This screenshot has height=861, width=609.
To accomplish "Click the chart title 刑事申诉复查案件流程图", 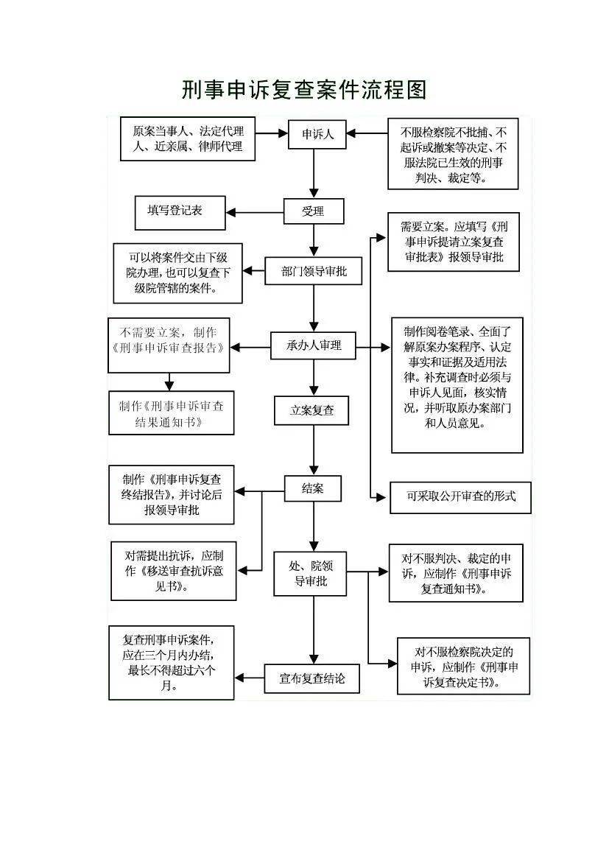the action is (x=304, y=90).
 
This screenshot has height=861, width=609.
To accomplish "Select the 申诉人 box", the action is (x=317, y=134).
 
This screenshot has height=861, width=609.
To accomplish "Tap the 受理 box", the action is (x=314, y=211).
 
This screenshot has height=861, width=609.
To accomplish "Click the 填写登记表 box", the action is (x=180, y=213).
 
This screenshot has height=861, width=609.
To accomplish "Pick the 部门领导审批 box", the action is (x=314, y=271).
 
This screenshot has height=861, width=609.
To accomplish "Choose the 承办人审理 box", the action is (x=314, y=345).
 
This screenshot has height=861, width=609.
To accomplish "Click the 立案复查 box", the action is (x=311, y=410).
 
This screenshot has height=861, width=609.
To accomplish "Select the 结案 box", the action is (x=313, y=488).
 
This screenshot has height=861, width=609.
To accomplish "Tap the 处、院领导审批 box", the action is (x=310, y=573).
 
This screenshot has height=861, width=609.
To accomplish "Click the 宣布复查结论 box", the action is (x=312, y=678).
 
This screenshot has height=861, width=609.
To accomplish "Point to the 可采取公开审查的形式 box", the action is (x=461, y=497).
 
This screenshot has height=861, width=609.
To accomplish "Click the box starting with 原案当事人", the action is (x=188, y=139).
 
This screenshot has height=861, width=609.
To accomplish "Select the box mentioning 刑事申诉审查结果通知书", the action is (x=172, y=413).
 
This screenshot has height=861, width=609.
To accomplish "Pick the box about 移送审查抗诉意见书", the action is (x=174, y=571).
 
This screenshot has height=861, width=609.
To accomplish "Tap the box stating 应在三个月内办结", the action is (x=172, y=663).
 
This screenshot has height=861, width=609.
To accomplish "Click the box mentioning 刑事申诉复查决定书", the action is (x=463, y=666).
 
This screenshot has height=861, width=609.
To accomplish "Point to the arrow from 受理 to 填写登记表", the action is (x=255, y=213).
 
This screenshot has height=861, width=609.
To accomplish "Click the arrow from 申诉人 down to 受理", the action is (x=314, y=173).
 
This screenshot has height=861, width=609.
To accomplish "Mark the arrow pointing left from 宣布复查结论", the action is (x=250, y=678).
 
